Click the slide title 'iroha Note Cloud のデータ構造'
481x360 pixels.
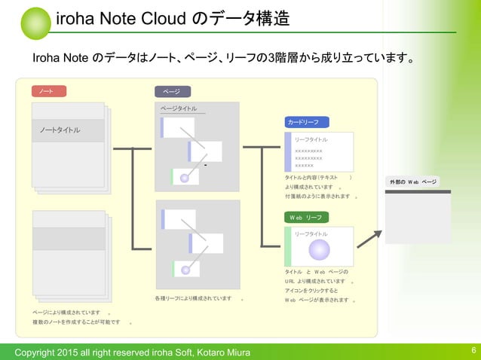tap(173, 19)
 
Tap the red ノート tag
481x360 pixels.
tap(48, 91)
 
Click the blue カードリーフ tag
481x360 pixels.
tap(307, 122)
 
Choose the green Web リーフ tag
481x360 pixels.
tap(307, 217)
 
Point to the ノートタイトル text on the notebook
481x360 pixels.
tap(60, 130)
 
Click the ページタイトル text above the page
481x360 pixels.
tap(179, 109)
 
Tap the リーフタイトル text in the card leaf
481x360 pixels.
tap(311, 139)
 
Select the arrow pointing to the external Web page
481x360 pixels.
tap(369, 238)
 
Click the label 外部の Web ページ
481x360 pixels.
tap(413, 182)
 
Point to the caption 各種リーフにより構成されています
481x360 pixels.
tap(194, 298)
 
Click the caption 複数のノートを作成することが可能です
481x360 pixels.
tap(76, 322)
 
